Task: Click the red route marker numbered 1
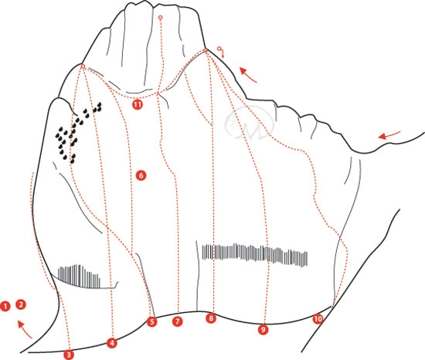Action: pos(5,307)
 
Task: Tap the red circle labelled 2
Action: pos(21,304)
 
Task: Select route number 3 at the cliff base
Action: pos(69,355)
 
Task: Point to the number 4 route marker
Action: pos(112,343)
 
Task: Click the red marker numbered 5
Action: pos(151,321)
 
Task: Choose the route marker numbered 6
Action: pos(141,175)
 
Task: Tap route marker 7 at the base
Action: pos(177,321)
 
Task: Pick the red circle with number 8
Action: pos(211,318)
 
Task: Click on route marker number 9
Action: pos(263,329)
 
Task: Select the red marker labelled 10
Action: pos(318,319)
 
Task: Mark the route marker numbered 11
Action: pos(138,104)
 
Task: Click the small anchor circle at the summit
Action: pos(161,18)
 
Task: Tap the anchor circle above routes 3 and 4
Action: pos(83,66)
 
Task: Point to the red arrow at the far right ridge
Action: pos(389,135)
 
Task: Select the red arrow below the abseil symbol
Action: pos(248,75)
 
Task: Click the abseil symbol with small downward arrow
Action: pos(221,52)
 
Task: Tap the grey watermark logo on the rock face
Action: pos(249,124)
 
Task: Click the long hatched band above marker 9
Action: pos(255,255)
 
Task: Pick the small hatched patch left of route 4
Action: pos(79,277)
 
